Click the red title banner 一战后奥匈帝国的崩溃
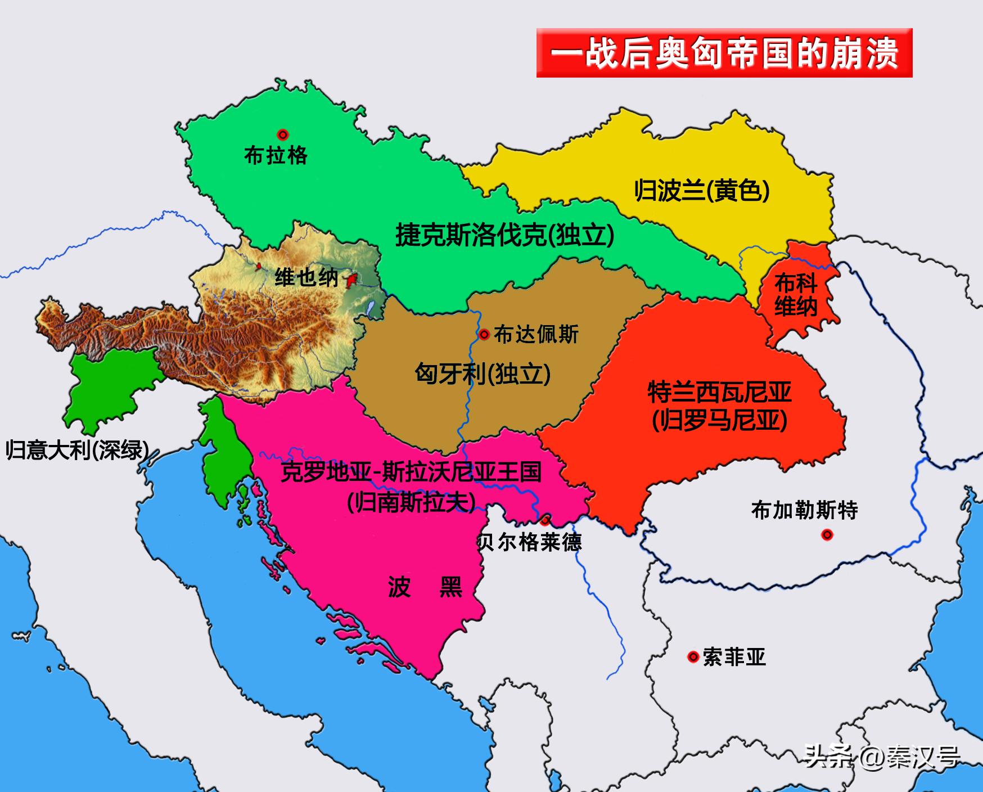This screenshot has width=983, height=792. tap(724, 53)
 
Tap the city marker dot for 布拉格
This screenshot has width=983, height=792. tap(283, 134)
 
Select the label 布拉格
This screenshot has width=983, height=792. tap(276, 155)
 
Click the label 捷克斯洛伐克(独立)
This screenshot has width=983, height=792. tap(504, 235)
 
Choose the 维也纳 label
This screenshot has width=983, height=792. tap(306, 278)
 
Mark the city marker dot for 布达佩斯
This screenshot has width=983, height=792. tap(484, 335)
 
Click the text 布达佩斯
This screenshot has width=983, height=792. tap(536, 335)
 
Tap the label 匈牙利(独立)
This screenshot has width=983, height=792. tap(483, 373)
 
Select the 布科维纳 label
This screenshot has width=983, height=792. tap(796, 295)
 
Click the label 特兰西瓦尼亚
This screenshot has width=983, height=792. tap(719, 392)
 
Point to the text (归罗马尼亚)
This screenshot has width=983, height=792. tap(719, 420)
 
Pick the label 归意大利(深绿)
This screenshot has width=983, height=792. tap(78, 450)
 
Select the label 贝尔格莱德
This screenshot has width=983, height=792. tap(530, 542)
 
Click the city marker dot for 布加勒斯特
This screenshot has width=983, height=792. tap(827, 534)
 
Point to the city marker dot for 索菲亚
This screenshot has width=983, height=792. tap(693, 656)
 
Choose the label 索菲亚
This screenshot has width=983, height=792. tap(734, 657)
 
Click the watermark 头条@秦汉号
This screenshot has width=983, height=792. tap(882, 757)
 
